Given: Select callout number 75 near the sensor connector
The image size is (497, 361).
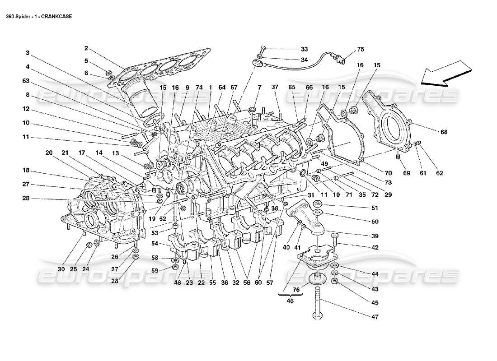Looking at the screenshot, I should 360,49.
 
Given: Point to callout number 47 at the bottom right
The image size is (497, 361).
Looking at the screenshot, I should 374,318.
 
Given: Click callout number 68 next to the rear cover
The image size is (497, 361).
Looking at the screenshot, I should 444,131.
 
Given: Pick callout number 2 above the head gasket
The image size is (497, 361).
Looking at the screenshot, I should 86,48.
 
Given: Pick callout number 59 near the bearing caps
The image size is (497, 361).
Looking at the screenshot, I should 155,271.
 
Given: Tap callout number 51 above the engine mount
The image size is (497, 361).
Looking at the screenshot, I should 374,208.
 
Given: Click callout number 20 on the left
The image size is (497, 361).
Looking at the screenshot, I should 49,153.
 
